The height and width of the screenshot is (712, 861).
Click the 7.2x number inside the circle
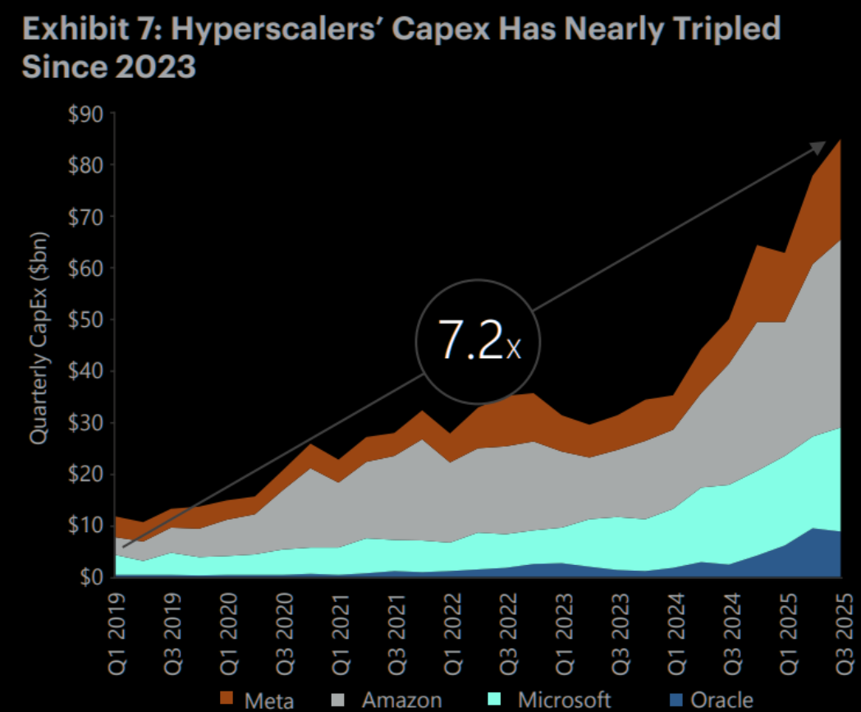pyautogui.click(x=480, y=343)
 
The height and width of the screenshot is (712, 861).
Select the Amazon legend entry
pyautogui.click(x=390, y=700)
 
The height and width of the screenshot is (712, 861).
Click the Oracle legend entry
pyautogui.click(x=711, y=700)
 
